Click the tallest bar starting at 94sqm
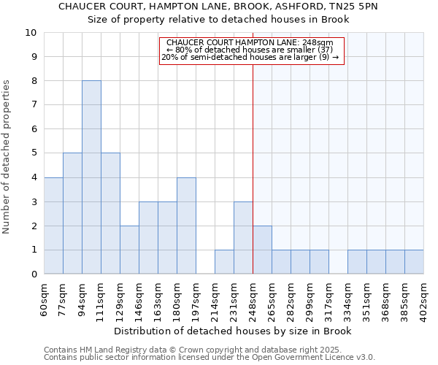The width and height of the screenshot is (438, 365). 91,177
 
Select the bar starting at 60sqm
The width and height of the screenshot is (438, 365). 53,226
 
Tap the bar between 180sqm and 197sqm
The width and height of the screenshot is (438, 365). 186,226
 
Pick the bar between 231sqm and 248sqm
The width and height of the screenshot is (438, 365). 243,238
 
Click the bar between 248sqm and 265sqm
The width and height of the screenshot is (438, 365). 262,250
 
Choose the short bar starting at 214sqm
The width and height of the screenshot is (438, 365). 224,262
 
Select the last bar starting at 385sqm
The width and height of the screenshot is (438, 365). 414,262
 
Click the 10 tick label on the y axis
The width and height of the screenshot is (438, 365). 31,33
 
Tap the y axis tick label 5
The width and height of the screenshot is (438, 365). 34,153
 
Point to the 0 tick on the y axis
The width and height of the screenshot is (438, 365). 34,274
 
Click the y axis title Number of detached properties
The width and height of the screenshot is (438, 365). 7,157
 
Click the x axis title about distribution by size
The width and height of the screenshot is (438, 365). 234,331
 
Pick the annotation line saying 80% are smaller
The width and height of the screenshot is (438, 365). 250,50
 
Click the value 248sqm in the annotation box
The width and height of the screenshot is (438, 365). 319,42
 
